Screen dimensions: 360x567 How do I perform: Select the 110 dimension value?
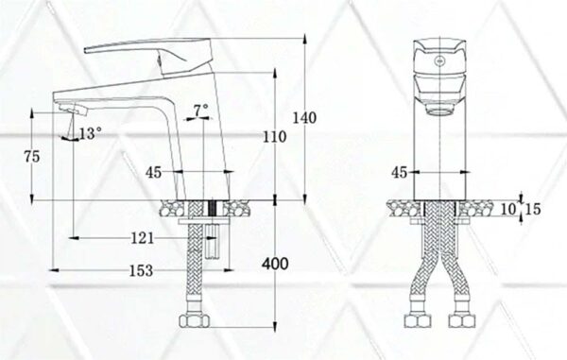tap(274, 136)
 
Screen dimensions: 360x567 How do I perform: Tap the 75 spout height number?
tap(33, 158)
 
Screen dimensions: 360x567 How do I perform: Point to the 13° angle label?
tap(90, 133)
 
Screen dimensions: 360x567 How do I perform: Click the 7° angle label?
tap(200, 111)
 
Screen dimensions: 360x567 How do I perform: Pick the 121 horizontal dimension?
tap(145, 238)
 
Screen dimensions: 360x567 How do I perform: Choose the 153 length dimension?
tap(140, 271)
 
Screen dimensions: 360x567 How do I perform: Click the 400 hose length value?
tap(275, 264)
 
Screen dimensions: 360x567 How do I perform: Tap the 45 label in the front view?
tap(399, 173)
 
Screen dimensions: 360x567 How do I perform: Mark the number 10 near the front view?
tap(508, 208)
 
